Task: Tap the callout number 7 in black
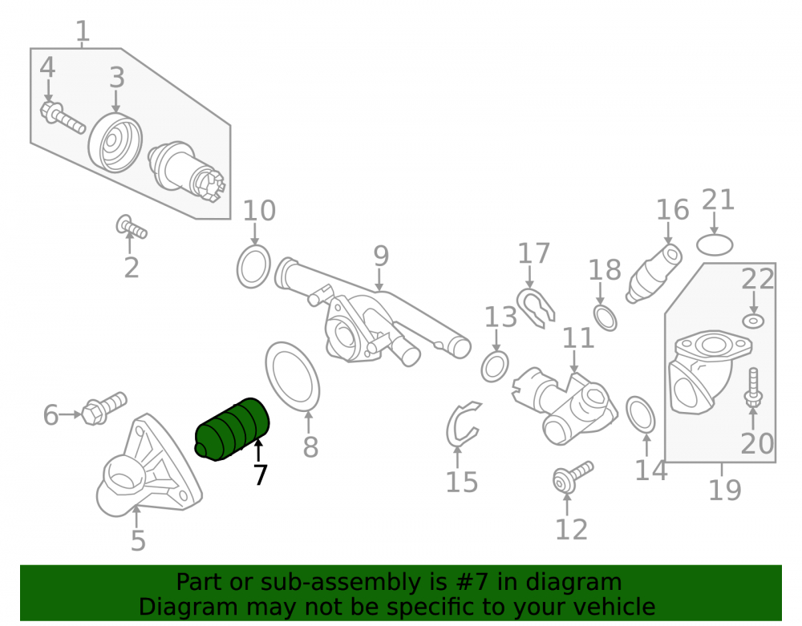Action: coord(261,475)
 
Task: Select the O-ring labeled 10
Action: coord(253,266)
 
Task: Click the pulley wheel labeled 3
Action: coord(115,143)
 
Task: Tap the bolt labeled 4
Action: coord(63,117)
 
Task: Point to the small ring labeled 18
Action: coord(605,317)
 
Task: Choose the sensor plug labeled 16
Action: coord(654,273)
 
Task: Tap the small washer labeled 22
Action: coord(753,321)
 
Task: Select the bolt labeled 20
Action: coord(753,387)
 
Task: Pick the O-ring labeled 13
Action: coord(495,366)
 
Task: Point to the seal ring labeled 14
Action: coord(640,414)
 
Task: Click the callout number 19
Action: coord(725,490)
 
